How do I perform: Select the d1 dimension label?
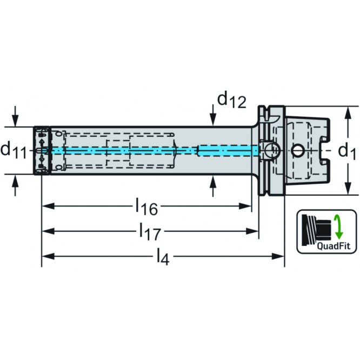tap(346, 151)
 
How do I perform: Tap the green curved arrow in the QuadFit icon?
tap(338, 226)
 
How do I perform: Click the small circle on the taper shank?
tap(297, 150)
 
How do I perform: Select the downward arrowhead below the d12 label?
tap(214, 121)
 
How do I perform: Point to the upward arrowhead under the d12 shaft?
tap(214, 179)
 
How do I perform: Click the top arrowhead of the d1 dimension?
tap(346, 111)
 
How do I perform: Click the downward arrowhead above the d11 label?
tap(16, 121)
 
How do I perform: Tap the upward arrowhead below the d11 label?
tap(16, 180)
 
